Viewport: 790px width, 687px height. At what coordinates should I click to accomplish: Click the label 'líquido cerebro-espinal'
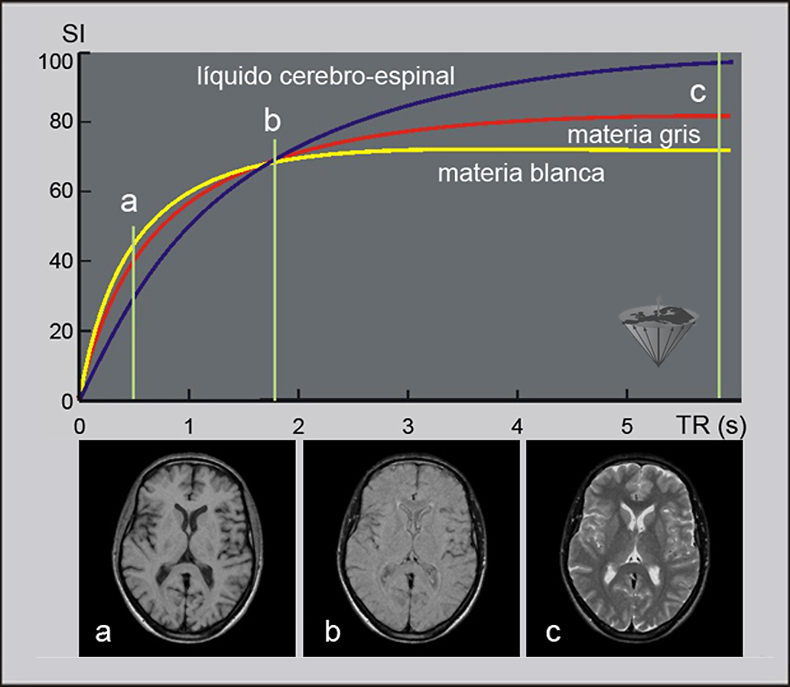pyautogui.click(x=326, y=77)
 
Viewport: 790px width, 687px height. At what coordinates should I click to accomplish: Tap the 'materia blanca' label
pyautogui.click(x=521, y=174)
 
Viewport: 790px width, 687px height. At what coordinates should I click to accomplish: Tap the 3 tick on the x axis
pyautogui.click(x=408, y=426)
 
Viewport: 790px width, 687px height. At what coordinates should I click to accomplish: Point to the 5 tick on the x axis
pyautogui.click(x=627, y=426)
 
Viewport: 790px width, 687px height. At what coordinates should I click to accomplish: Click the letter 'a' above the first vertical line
pyautogui.click(x=129, y=202)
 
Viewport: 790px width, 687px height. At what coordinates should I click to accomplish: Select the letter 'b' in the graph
pyautogui.click(x=272, y=120)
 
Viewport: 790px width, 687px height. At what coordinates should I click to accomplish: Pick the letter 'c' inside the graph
pyautogui.click(x=697, y=92)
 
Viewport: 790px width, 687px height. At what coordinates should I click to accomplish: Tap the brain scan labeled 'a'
pyautogui.click(x=187, y=548)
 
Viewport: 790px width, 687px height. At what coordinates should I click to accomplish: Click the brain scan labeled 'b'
pyautogui.click(x=411, y=548)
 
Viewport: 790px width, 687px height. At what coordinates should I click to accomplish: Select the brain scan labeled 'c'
pyautogui.click(x=635, y=548)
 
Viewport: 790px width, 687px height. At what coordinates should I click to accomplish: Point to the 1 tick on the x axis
pyautogui.click(x=189, y=426)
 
